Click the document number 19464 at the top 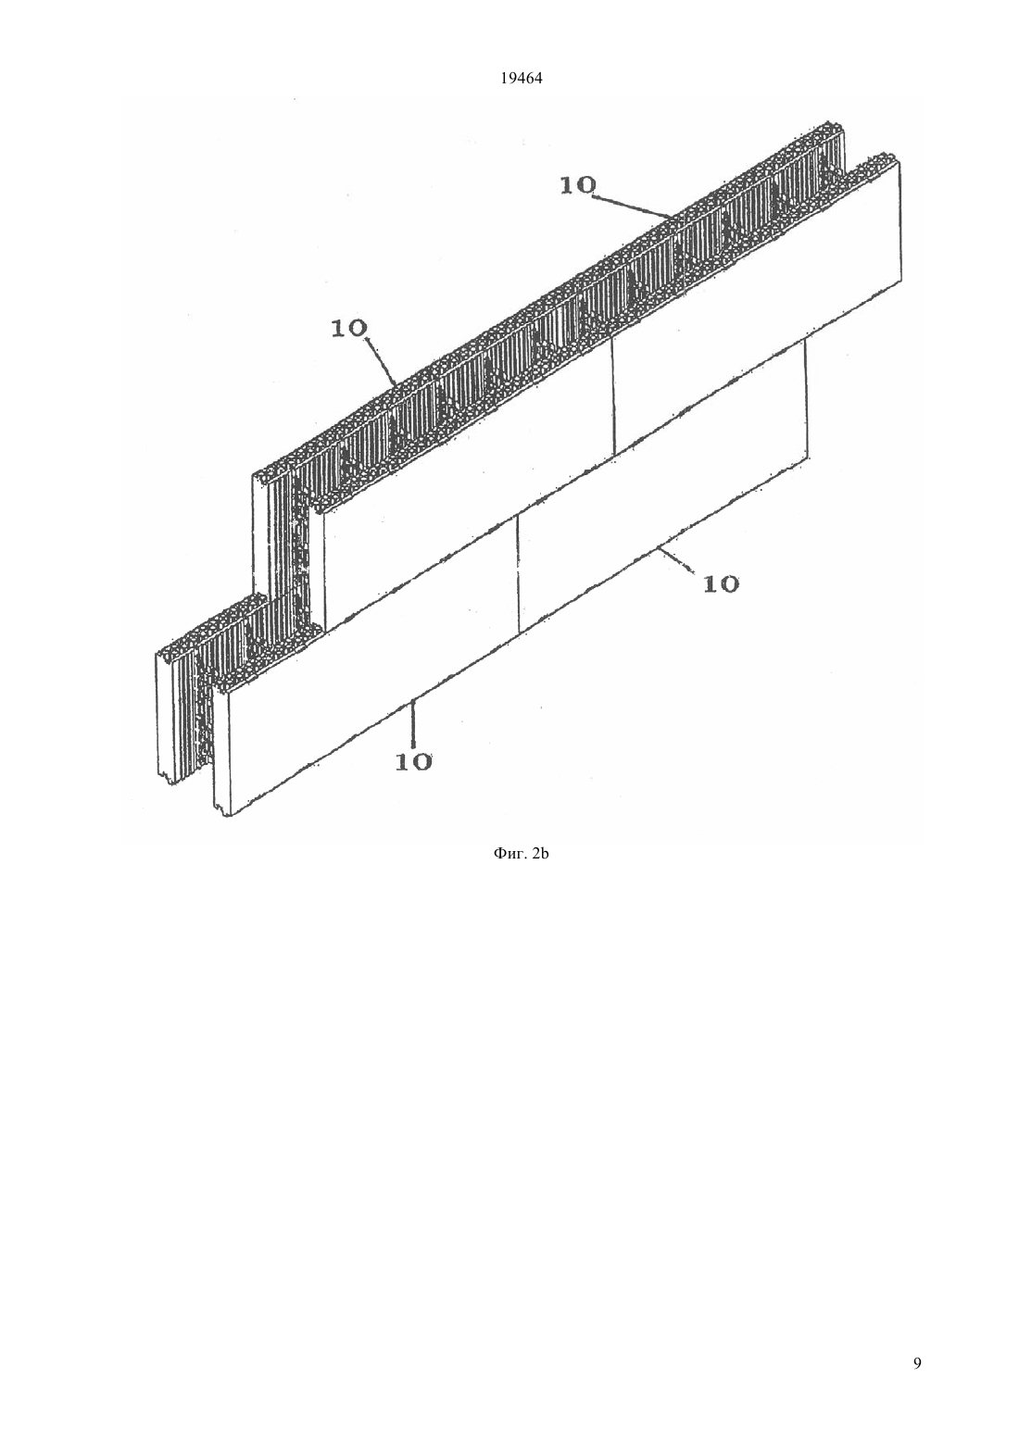click(522, 79)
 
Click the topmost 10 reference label click(578, 186)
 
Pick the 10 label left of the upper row click(348, 329)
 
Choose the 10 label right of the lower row click(721, 584)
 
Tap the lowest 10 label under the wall click(414, 761)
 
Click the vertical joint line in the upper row click(613, 395)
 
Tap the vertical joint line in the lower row click(518, 572)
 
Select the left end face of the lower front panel click(222, 749)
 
